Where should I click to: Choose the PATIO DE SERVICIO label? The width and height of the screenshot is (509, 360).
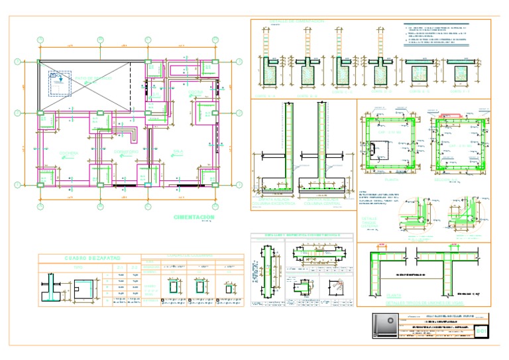[x=93, y=78]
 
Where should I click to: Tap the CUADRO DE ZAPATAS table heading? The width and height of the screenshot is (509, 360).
[x=89, y=258]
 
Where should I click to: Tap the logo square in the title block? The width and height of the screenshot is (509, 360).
[x=384, y=328]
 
